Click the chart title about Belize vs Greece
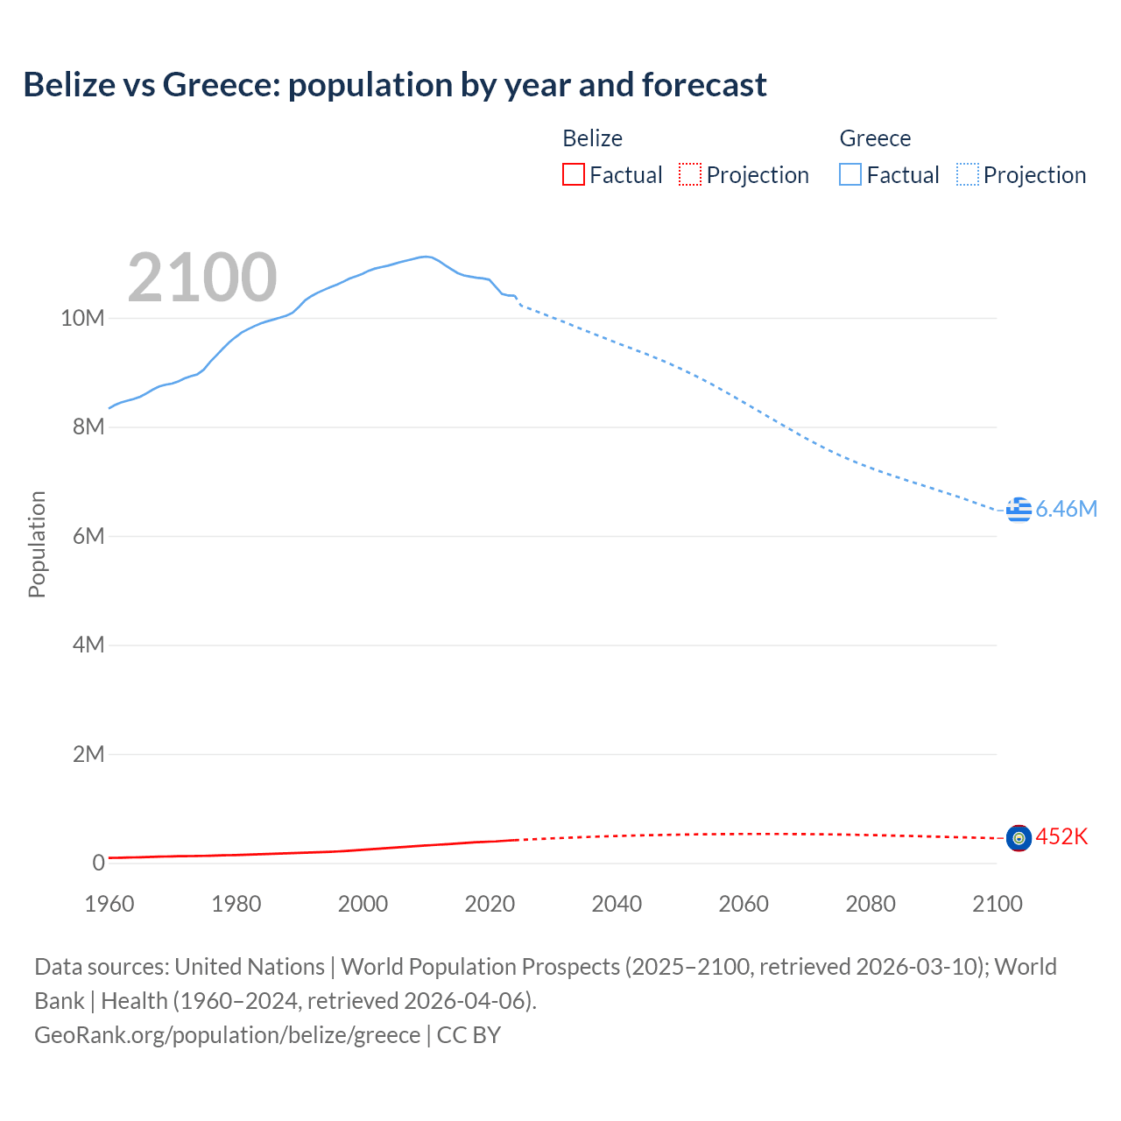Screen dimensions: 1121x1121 click(x=395, y=85)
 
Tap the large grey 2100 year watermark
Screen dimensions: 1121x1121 click(x=202, y=278)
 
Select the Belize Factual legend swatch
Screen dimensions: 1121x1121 click(x=573, y=175)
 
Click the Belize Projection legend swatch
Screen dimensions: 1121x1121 click(x=690, y=175)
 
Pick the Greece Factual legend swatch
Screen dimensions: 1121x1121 click(x=850, y=175)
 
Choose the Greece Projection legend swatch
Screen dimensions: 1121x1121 click(x=967, y=175)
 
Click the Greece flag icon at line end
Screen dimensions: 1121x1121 click(x=1019, y=509)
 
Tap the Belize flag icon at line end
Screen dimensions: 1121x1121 click(x=1019, y=838)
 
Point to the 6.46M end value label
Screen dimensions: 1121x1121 click(x=1066, y=509)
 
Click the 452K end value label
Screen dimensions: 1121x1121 click(x=1061, y=837)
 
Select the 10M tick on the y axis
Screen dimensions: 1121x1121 click(x=82, y=319)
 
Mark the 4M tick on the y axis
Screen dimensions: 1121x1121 click(x=88, y=645)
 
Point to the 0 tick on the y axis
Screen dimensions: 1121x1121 click(x=98, y=864)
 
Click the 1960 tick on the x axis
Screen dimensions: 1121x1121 click(x=109, y=904)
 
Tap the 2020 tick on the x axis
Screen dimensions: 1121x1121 click(x=490, y=904)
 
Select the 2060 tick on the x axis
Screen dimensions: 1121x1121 click(x=744, y=904)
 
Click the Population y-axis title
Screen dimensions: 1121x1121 click(x=37, y=544)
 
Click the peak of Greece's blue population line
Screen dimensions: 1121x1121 click(x=426, y=257)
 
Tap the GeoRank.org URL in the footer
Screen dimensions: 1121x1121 click(x=228, y=1035)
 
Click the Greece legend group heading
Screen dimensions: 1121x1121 click(x=875, y=138)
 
